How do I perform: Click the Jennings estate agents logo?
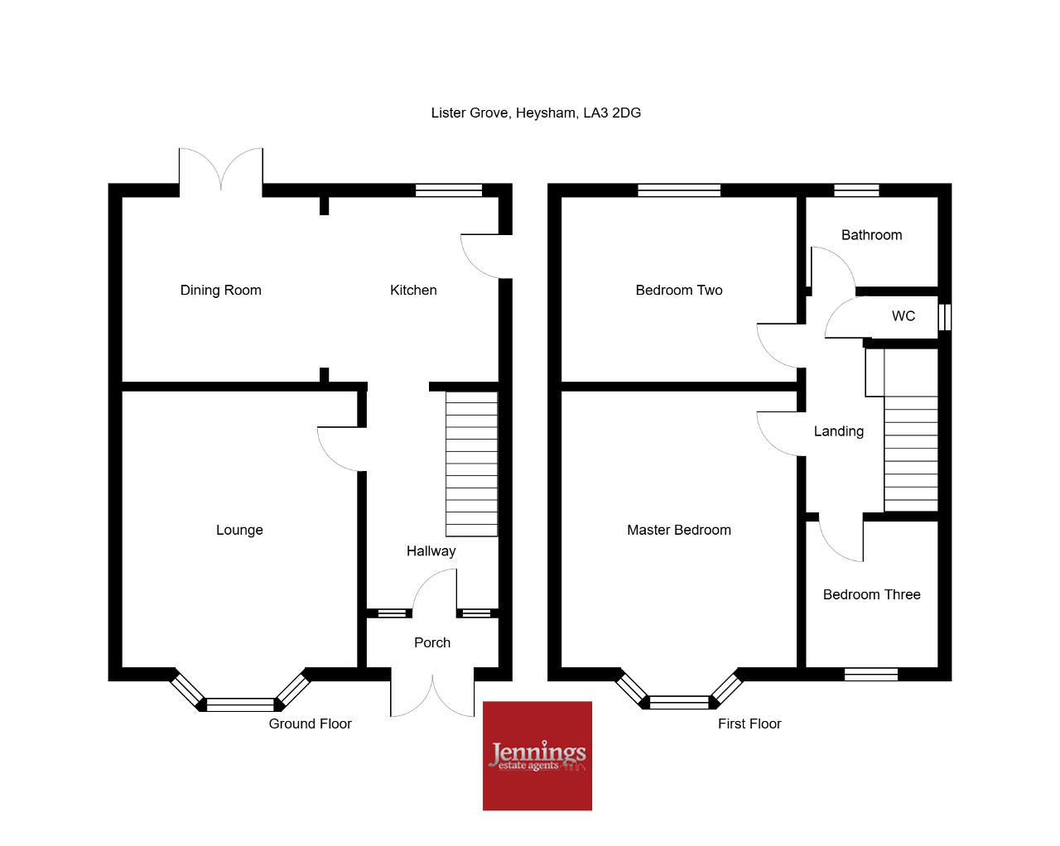click(537, 756)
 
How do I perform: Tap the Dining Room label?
click(220, 290)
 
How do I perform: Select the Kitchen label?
click(413, 290)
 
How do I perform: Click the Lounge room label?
click(239, 530)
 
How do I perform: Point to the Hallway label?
click(431, 551)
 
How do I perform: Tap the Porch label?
click(432, 642)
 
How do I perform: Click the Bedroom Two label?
click(679, 290)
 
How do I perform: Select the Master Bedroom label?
click(679, 530)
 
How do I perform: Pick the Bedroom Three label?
click(871, 594)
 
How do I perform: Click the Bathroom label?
click(871, 235)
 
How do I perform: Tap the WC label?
click(903, 315)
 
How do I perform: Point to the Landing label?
click(838, 431)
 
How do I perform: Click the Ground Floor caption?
click(310, 723)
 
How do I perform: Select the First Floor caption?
click(749, 723)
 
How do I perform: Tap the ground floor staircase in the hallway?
click(471, 464)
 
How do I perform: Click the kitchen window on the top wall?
click(449, 190)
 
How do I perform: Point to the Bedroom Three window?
click(871, 674)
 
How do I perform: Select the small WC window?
click(944, 317)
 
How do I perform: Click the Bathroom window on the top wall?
click(856, 190)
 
